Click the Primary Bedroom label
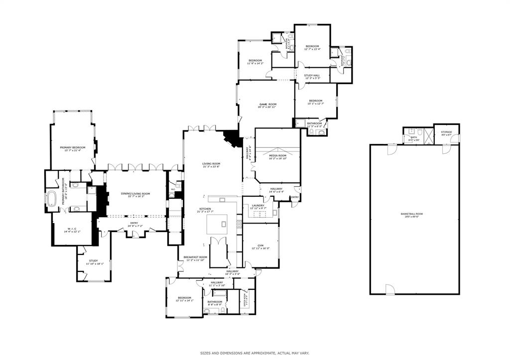[73, 147]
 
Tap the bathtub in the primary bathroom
[52, 199]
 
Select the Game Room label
[267, 105]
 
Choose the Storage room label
[446, 132]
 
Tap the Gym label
[260, 246]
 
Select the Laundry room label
[257, 205]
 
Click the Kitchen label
[205, 209]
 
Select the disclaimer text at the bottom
[255, 353]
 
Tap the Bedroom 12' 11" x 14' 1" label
[184, 298]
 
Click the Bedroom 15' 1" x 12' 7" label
[315, 101]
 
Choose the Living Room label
[211, 164]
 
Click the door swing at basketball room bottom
[389, 289]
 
